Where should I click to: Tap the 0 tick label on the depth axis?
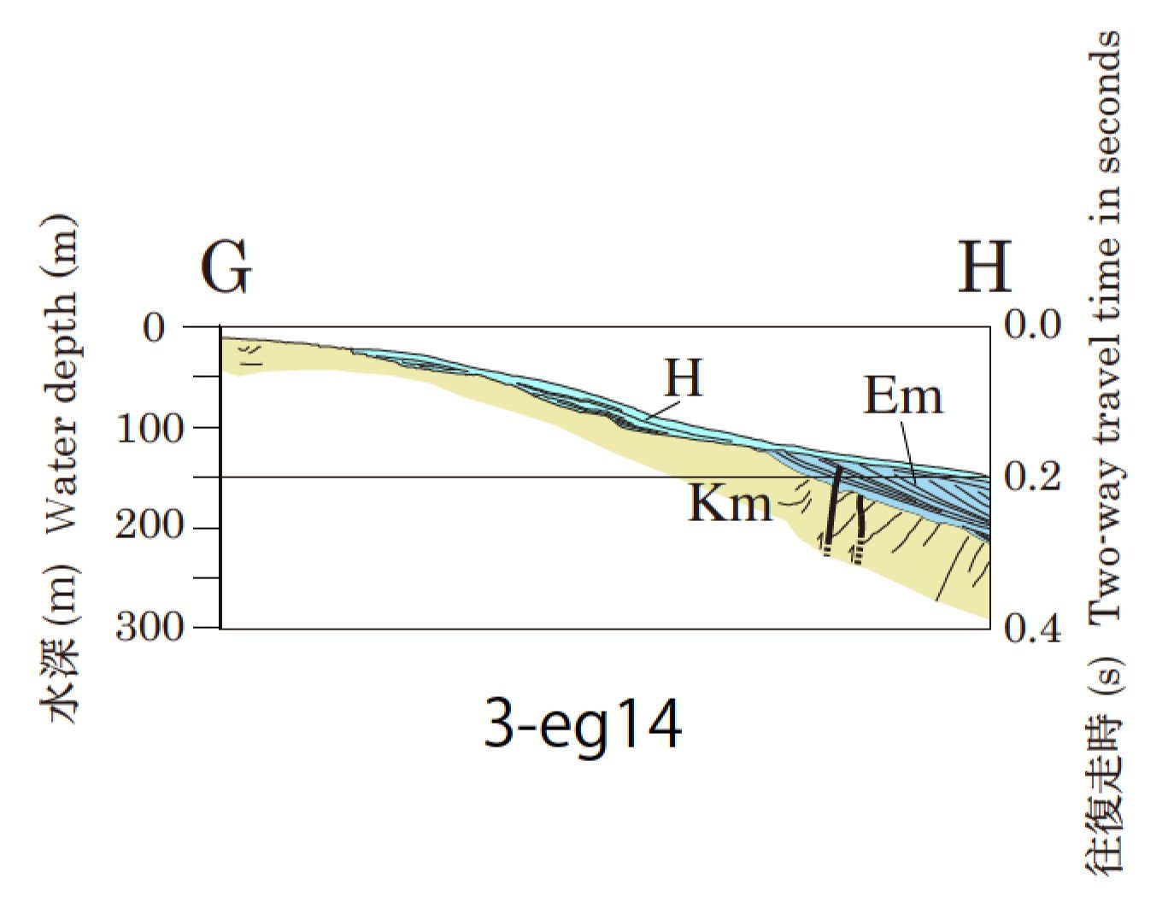coord(156,327)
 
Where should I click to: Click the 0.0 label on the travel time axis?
coord(1033,325)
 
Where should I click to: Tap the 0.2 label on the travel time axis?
coord(1033,477)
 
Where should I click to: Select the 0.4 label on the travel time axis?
coord(1033,629)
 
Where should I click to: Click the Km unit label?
coord(730,504)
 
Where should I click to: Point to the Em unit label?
coord(903,397)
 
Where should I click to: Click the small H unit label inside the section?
coord(684,378)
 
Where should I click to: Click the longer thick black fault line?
coord(832,504)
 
